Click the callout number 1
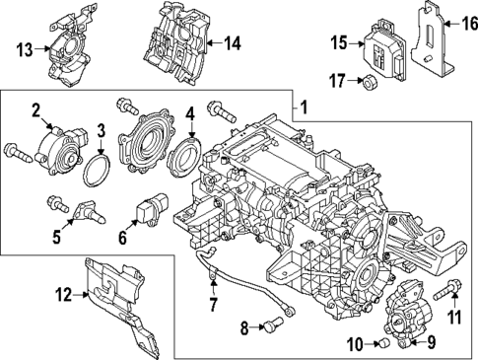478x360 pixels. click(x=305, y=106)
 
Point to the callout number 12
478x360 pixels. click(x=63, y=294)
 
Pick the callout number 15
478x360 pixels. click(x=339, y=41)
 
